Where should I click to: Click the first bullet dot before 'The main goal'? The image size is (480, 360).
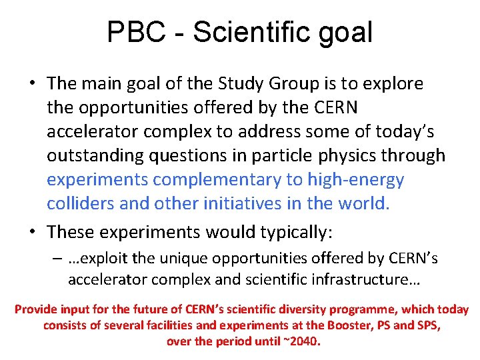(x=33, y=84)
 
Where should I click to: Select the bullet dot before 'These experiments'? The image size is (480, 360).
(x=33, y=232)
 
